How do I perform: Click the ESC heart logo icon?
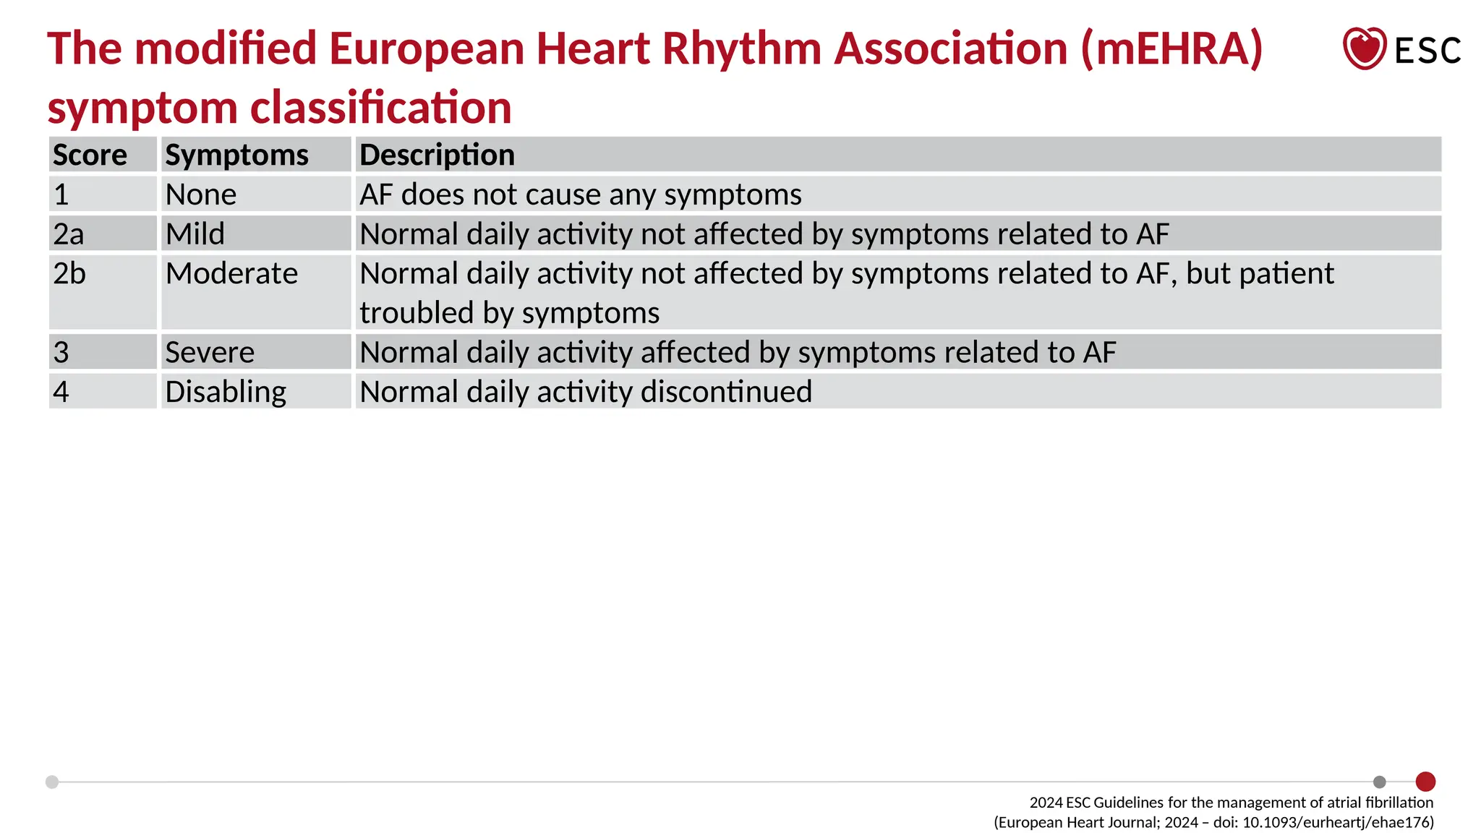click(1364, 48)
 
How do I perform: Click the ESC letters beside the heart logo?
click(1427, 51)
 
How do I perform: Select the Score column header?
click(90, 155)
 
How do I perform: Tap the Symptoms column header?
click(236, 155)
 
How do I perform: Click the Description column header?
click(437, 155)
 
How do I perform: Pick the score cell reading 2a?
click(69, 234)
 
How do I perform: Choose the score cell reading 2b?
click(69, 273)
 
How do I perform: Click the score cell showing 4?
click(61, 391)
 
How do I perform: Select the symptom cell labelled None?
click(201, 195)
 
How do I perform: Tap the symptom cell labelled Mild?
click(195, 234)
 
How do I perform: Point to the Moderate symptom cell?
click(231, 273)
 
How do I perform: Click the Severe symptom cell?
click(210, 352)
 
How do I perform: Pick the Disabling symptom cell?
click(226, 391)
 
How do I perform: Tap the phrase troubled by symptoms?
click(510, 313)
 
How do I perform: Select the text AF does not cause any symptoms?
click(581, 195)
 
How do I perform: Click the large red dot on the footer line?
click(1425, 782)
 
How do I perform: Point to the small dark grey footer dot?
click(1380, 782)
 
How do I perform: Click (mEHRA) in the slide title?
click(1172, 48)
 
